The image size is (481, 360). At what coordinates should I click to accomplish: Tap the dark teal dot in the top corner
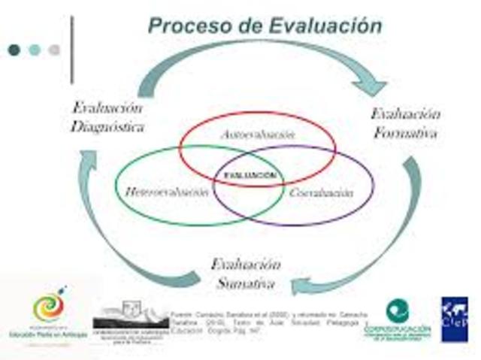point(14,50)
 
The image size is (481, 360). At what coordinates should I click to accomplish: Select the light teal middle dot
point(35,50)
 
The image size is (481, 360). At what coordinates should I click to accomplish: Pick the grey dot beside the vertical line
point(54,50)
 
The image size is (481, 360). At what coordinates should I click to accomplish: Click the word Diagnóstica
point(107,126)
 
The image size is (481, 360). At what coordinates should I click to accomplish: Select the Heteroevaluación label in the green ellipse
point(167,192)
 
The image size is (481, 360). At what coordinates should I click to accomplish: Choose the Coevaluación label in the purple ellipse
point(321,193)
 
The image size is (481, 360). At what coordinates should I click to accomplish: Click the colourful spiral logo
point(49,307)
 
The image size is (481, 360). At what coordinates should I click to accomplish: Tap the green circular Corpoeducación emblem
point(398,310)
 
